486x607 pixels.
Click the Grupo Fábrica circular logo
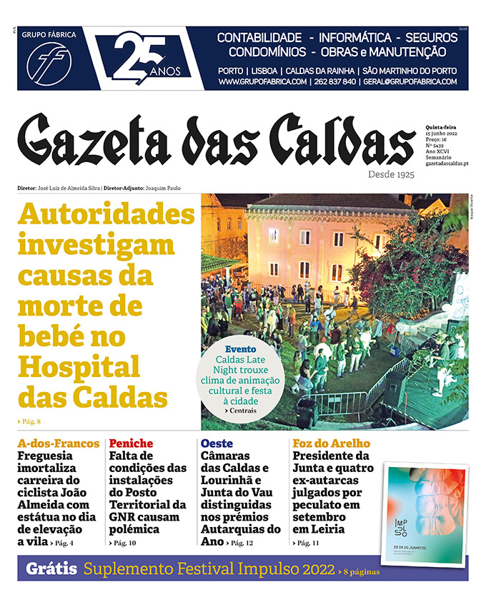click(x=49, y=63)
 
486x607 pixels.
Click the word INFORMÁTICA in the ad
click(x=355, y=37)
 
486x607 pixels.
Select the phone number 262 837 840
click(x=334, y=82)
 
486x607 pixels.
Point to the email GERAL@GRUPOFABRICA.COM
click(x=415, y=82)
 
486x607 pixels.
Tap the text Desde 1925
click(x=392, y=174)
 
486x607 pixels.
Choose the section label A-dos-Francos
click(x=59, y=443)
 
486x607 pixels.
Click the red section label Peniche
click(x=131, y=443)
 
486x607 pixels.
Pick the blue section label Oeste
click(x=217, y=443)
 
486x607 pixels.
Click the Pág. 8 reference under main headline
click(x=30, y=421)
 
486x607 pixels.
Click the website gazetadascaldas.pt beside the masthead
click(x=447, y=164)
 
